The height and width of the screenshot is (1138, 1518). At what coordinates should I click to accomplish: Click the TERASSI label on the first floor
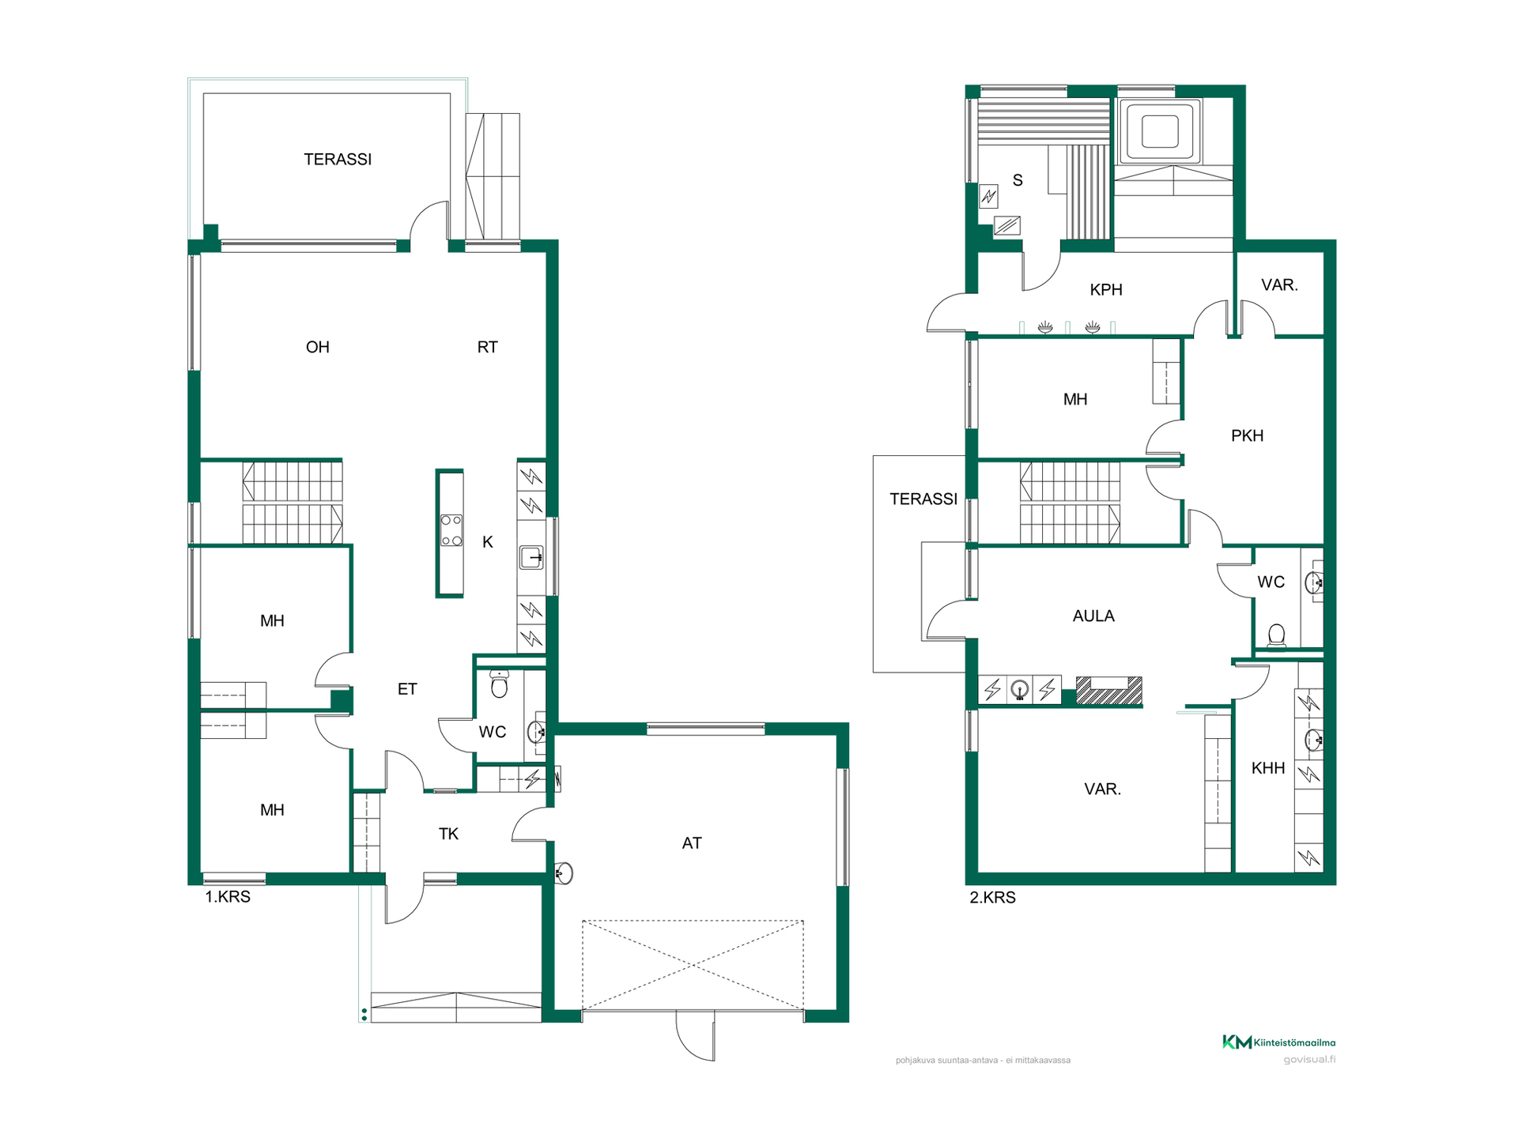[x=338, y=160]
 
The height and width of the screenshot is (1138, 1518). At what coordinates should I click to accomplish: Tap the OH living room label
[x=317, y=347]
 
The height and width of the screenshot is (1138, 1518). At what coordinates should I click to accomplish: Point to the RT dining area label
[x=487, y=347]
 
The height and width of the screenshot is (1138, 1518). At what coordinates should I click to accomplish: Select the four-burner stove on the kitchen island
[x=451, y=530]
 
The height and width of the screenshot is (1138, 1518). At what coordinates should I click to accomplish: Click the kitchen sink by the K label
[x=531, y=558]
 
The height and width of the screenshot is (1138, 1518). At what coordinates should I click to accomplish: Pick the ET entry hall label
[x=406, y=689]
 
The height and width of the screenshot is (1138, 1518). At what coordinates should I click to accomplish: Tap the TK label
[x=448, y=834]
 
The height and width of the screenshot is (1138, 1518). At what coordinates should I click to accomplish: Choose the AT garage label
[x=692, y=843]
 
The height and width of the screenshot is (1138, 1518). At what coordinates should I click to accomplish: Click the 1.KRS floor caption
[x=228, y=897]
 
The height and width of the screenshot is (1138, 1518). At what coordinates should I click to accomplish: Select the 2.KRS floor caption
[x=992, y=898]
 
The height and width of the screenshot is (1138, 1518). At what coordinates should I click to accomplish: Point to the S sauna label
[x=1018, y=180]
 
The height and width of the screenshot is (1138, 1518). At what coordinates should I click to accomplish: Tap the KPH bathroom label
[x=1106, y=290]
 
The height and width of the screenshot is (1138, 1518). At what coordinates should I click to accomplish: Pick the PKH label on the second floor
[x=1247, y=435]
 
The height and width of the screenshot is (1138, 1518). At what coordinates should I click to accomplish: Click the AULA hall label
[x=1093, y=616]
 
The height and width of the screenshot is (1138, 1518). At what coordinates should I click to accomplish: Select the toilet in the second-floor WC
[x=1276, y=635]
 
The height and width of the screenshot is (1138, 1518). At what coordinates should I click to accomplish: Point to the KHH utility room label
[x=1268, y=768]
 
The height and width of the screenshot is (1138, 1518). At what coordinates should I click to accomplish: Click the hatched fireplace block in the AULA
[x=1109, y=690]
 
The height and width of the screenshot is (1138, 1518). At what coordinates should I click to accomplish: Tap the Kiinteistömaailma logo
[x=1278, y=1042]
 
